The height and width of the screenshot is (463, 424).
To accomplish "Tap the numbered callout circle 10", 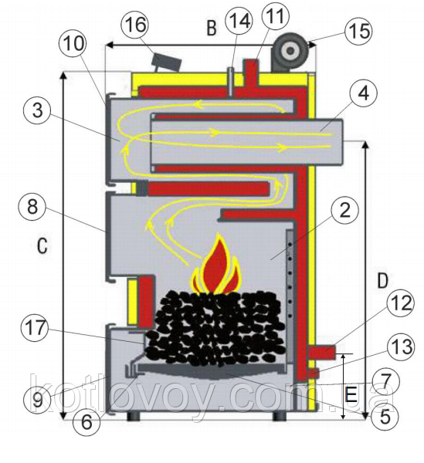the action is pyautogui.click(x=73, y=44).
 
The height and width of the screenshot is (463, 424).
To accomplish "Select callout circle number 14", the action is pyautogui.click(x=238, y=20).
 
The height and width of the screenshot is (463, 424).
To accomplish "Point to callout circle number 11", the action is pyautogui.click(x=274, y=15).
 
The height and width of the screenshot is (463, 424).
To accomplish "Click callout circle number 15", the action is pyautogui.click(x=359, y=31).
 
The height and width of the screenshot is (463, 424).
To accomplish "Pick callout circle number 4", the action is pyautogui.click(x=363, y=93).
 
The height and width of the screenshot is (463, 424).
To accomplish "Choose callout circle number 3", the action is pyautogui.click(x=37, y=110).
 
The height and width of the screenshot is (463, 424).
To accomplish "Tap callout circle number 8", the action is pyautogui.click(x=32, y=206).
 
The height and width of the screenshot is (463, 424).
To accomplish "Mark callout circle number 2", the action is pyautogui.click(x=344, y=211).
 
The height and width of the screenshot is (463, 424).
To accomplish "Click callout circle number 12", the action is pyautogui.click(x=400, y=303).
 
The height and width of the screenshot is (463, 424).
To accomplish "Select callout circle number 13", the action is pyautogui.click(x=400, y=346).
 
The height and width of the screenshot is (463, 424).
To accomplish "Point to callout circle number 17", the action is pyautogui.click(x=36, y=328).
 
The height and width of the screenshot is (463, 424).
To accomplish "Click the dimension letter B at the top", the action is pyautogui.click(x=212, y=29).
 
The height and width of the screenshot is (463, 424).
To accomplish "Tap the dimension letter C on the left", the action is pyautogui.click(x=42, y=245).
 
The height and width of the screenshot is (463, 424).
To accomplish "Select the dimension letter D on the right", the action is pyautogui.click(x=382, y=281).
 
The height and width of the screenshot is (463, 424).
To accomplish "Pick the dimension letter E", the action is pyautogui.click(x=351, y=394).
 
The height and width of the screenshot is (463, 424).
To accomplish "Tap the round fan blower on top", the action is pyautogui.click(x=290, y=52).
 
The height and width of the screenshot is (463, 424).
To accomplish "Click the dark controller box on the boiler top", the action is pyautogui.click(x=166, y=62).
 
